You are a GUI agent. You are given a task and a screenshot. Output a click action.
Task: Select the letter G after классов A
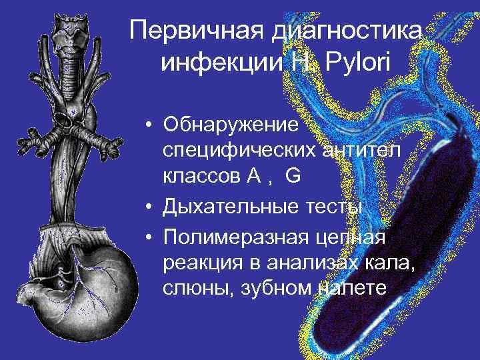pyautogui.click(x=292, y=176)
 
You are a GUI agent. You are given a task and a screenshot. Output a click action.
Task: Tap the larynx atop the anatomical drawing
pyautogui.click(x=72, y=37)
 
